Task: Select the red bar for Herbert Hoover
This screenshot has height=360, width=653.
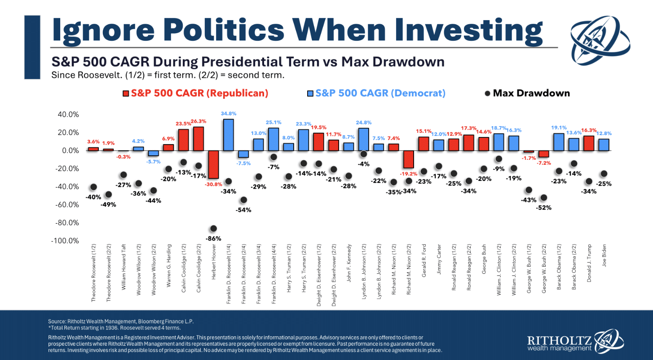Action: click(x=213, y=164)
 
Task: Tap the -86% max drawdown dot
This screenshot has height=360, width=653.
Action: click(x=214, y=228)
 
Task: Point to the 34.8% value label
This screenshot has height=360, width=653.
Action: click(x=228, y=114)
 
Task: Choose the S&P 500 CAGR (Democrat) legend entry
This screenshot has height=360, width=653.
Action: click(x=376, y=93)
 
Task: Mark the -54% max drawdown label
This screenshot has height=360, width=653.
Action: click(x=244, y=210)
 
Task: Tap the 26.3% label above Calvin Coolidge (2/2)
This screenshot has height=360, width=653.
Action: click(x=199, y=121)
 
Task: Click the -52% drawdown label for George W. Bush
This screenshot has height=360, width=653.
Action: click(x=544, y=208)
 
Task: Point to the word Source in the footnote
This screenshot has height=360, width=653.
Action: click(x=57, y=321)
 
